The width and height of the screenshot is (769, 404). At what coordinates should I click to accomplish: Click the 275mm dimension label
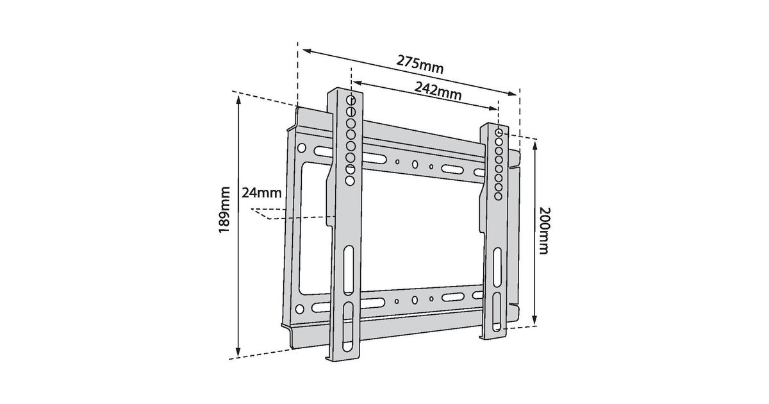point(420,65)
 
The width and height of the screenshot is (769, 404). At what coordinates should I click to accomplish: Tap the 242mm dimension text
point(438,90)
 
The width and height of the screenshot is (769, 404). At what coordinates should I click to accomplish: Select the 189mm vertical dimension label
point(224,210)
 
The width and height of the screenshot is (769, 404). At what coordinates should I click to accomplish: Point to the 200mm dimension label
point(543,230)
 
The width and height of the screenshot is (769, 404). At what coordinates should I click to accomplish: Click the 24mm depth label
point(261,193)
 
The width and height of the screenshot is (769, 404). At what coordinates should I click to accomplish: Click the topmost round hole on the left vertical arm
point(351,100)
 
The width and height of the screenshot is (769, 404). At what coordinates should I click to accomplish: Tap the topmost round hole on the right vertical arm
point(499,132)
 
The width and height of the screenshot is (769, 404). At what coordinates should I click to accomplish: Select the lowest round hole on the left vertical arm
point(350,181)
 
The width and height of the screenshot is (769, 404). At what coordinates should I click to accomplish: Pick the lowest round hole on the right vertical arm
point(498,196)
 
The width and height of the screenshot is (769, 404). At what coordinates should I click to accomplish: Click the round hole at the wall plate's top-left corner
point(301,148)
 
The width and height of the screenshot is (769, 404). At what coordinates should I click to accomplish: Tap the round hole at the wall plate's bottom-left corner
point(300,309)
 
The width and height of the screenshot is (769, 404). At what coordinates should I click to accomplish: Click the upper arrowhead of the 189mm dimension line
point(238,99)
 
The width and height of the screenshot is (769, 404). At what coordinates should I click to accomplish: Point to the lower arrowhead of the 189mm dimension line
point(238,353)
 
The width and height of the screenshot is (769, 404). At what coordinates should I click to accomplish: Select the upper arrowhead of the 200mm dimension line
point(534,145)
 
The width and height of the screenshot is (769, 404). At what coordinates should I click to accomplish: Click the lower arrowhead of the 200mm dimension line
point(534,321)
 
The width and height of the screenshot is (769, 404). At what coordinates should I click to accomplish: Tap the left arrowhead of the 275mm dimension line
point(307,51)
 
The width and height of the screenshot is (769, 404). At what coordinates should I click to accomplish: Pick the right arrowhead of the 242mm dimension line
point(493,108)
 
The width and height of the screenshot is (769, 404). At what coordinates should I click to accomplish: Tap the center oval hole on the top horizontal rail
point(415,165)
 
